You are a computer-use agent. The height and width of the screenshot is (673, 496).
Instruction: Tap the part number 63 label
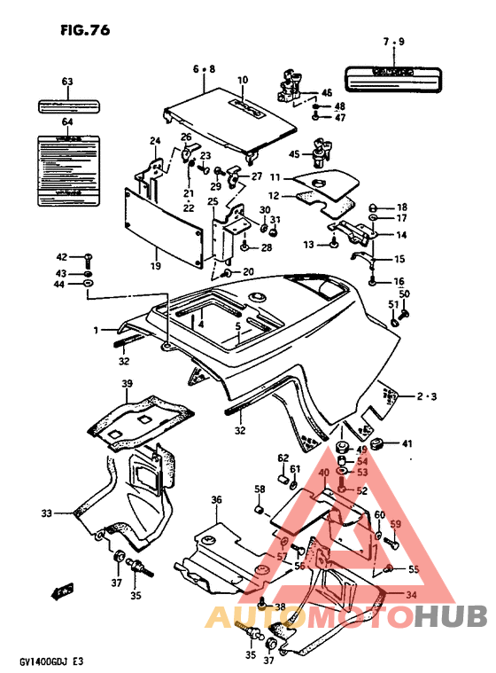[66, 82]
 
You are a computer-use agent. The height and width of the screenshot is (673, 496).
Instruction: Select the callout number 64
[66, 121]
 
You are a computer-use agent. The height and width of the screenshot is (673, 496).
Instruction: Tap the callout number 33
[46, 513]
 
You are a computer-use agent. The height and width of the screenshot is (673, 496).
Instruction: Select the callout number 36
[215, 501]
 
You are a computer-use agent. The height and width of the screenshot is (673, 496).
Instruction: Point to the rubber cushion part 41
[373, 443]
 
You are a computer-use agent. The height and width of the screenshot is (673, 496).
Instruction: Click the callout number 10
[242, 81]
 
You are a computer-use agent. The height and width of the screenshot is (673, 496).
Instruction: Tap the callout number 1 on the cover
[94, 330]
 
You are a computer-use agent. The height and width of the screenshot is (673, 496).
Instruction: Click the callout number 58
[260, 489]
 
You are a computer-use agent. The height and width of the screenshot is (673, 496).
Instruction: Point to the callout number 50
[404, 294]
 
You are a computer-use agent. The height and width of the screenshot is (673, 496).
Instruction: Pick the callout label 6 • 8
[203, 68]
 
